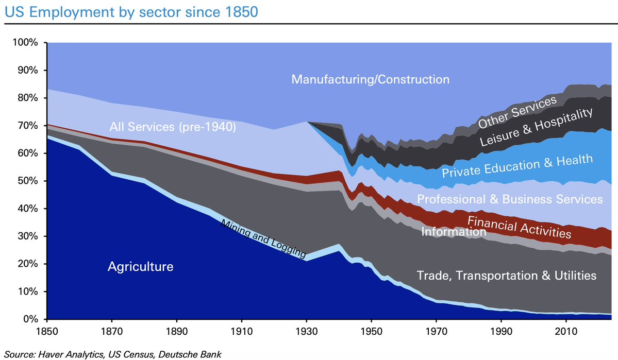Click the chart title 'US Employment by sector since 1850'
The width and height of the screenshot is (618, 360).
point(131,12)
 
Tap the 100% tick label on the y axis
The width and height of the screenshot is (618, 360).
point(25,42)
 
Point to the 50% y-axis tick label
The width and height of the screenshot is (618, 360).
point(28,181)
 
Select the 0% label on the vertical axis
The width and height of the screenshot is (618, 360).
point(30,319)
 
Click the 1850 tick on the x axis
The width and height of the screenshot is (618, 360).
point(47,331)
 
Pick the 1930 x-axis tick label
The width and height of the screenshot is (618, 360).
point(306,331)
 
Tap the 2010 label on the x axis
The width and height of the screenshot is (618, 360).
point(566,331)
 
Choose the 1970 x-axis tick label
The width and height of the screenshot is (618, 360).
point(436,331)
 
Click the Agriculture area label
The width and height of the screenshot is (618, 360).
point(140,267)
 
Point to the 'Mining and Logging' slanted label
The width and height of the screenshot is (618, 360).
point(263,238)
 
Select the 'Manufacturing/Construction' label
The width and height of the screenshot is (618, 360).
point(371,79)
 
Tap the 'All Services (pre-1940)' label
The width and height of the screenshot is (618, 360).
point(173,127)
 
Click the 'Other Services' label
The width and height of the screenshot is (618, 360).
point(517,112)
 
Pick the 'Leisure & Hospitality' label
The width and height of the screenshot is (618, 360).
point(536,127)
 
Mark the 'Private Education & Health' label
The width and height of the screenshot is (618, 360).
point(517,166)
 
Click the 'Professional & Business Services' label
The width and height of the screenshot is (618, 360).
point(510,199)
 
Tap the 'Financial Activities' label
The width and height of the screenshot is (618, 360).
point(520,227)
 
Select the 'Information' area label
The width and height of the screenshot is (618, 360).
point(454,232)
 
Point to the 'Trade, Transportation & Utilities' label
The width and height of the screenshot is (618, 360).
point(507,276)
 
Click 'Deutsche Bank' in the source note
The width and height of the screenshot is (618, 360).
point(190,354)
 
